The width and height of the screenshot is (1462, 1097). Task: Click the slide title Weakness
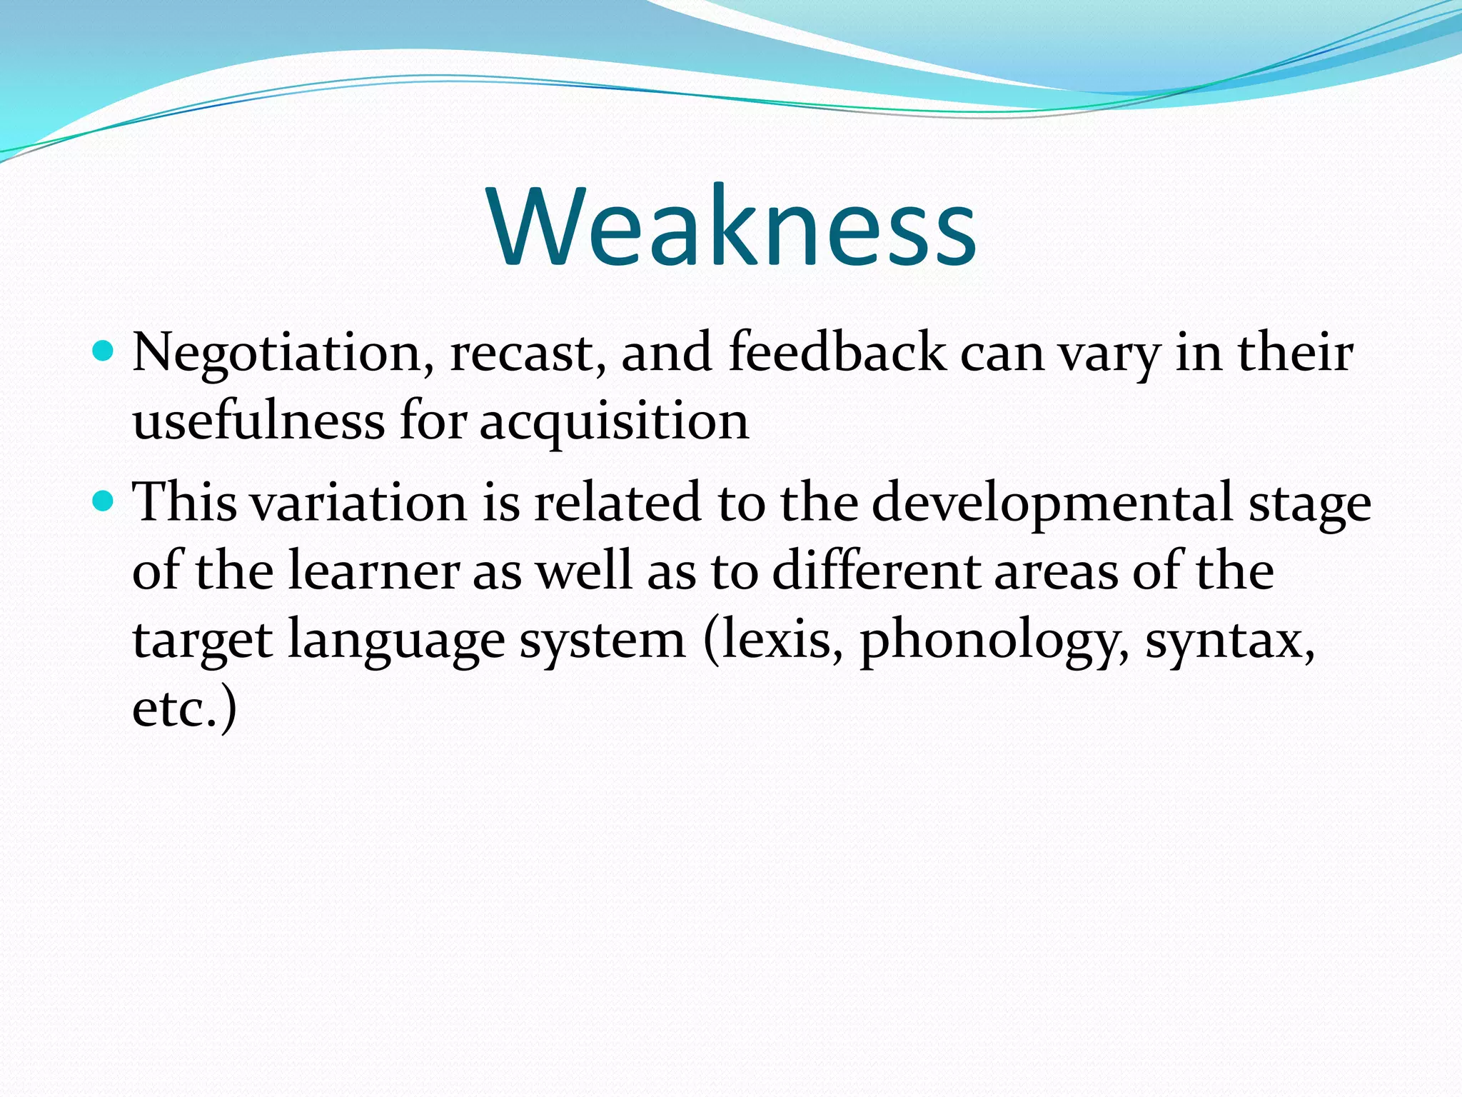pyautogui.click(x=732, y=227)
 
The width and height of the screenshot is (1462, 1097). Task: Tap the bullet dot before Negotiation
pyautogui.click(x=104, y=351)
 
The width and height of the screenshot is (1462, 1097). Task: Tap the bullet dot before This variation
pyautogui.click(x=104, y=501)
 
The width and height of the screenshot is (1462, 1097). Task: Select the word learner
pyautogui.click(x=373, y=571)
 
